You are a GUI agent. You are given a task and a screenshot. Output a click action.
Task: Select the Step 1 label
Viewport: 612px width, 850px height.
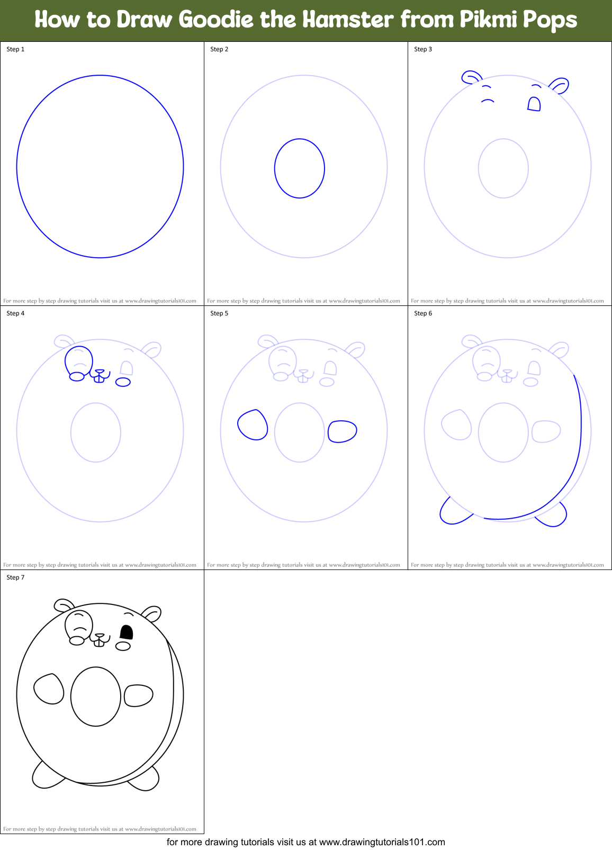click(15, 49)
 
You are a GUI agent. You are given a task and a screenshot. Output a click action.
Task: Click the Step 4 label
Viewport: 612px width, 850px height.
click(15, 313)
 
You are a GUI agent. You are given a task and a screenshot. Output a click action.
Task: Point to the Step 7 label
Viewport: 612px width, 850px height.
click(15, 577)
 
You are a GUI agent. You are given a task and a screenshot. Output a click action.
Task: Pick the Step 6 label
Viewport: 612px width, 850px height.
click(423, 313)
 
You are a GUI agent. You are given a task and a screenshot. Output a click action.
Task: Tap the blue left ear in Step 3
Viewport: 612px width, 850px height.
click(471, 77)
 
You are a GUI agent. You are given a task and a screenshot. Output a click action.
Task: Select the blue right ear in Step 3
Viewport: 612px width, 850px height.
click(559, 85)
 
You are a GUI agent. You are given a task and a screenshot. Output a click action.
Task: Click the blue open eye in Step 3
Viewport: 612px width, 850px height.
click(534, 104)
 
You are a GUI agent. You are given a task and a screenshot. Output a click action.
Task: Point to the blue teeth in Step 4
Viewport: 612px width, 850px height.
click(98, 377)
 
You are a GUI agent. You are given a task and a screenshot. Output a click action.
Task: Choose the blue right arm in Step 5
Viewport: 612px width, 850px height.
click(342, 431)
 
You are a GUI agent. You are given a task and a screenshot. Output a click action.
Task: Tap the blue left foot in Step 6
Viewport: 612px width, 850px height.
click(453, 513)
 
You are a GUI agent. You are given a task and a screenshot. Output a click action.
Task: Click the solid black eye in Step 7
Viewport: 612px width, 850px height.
click(127, 632)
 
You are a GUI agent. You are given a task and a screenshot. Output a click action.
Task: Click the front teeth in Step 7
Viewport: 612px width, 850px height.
click(98, 642)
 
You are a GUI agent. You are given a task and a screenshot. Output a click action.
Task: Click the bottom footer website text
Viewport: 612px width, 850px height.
click(306, 842)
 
